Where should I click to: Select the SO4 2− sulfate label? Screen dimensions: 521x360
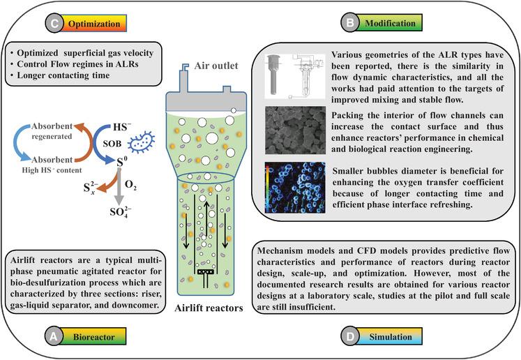pyautogui.click(x=113, y=211)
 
